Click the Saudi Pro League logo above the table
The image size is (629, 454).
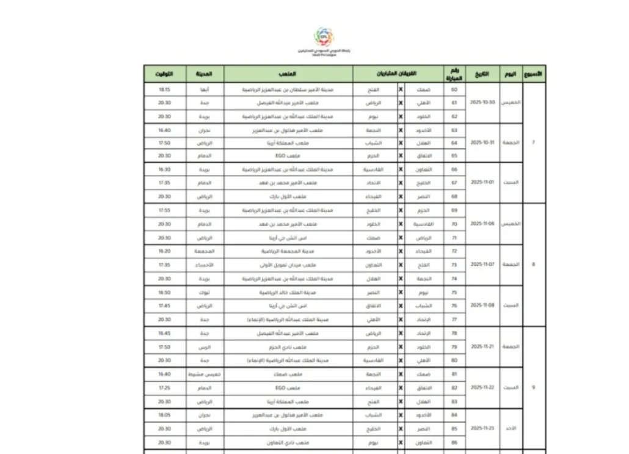[x=324, y=37]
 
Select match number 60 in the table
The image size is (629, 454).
[x=454, y=89]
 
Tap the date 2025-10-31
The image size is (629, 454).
[x=482, y=143]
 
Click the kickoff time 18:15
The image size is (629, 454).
[x=164, y=89]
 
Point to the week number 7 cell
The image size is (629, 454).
[x=534, y=143]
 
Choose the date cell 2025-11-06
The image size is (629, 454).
[x=482, y=224]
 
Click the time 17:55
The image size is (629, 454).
[x=164, y=210]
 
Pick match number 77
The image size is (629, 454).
[x=454, y=319]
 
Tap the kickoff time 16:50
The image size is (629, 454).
[x=164, y=292]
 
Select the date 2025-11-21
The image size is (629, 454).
[x=482, y=346]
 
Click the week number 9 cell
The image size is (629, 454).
[x=534, y=387]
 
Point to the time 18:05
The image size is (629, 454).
[x=164, y=415]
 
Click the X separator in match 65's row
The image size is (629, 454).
[x=401, y=156]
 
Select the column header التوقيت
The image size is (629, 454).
[x=164, y=74]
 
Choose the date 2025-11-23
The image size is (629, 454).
[x=482, y=428]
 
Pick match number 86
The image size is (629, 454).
[x=454, y=442]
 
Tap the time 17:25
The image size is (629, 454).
[x=164, y=388]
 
